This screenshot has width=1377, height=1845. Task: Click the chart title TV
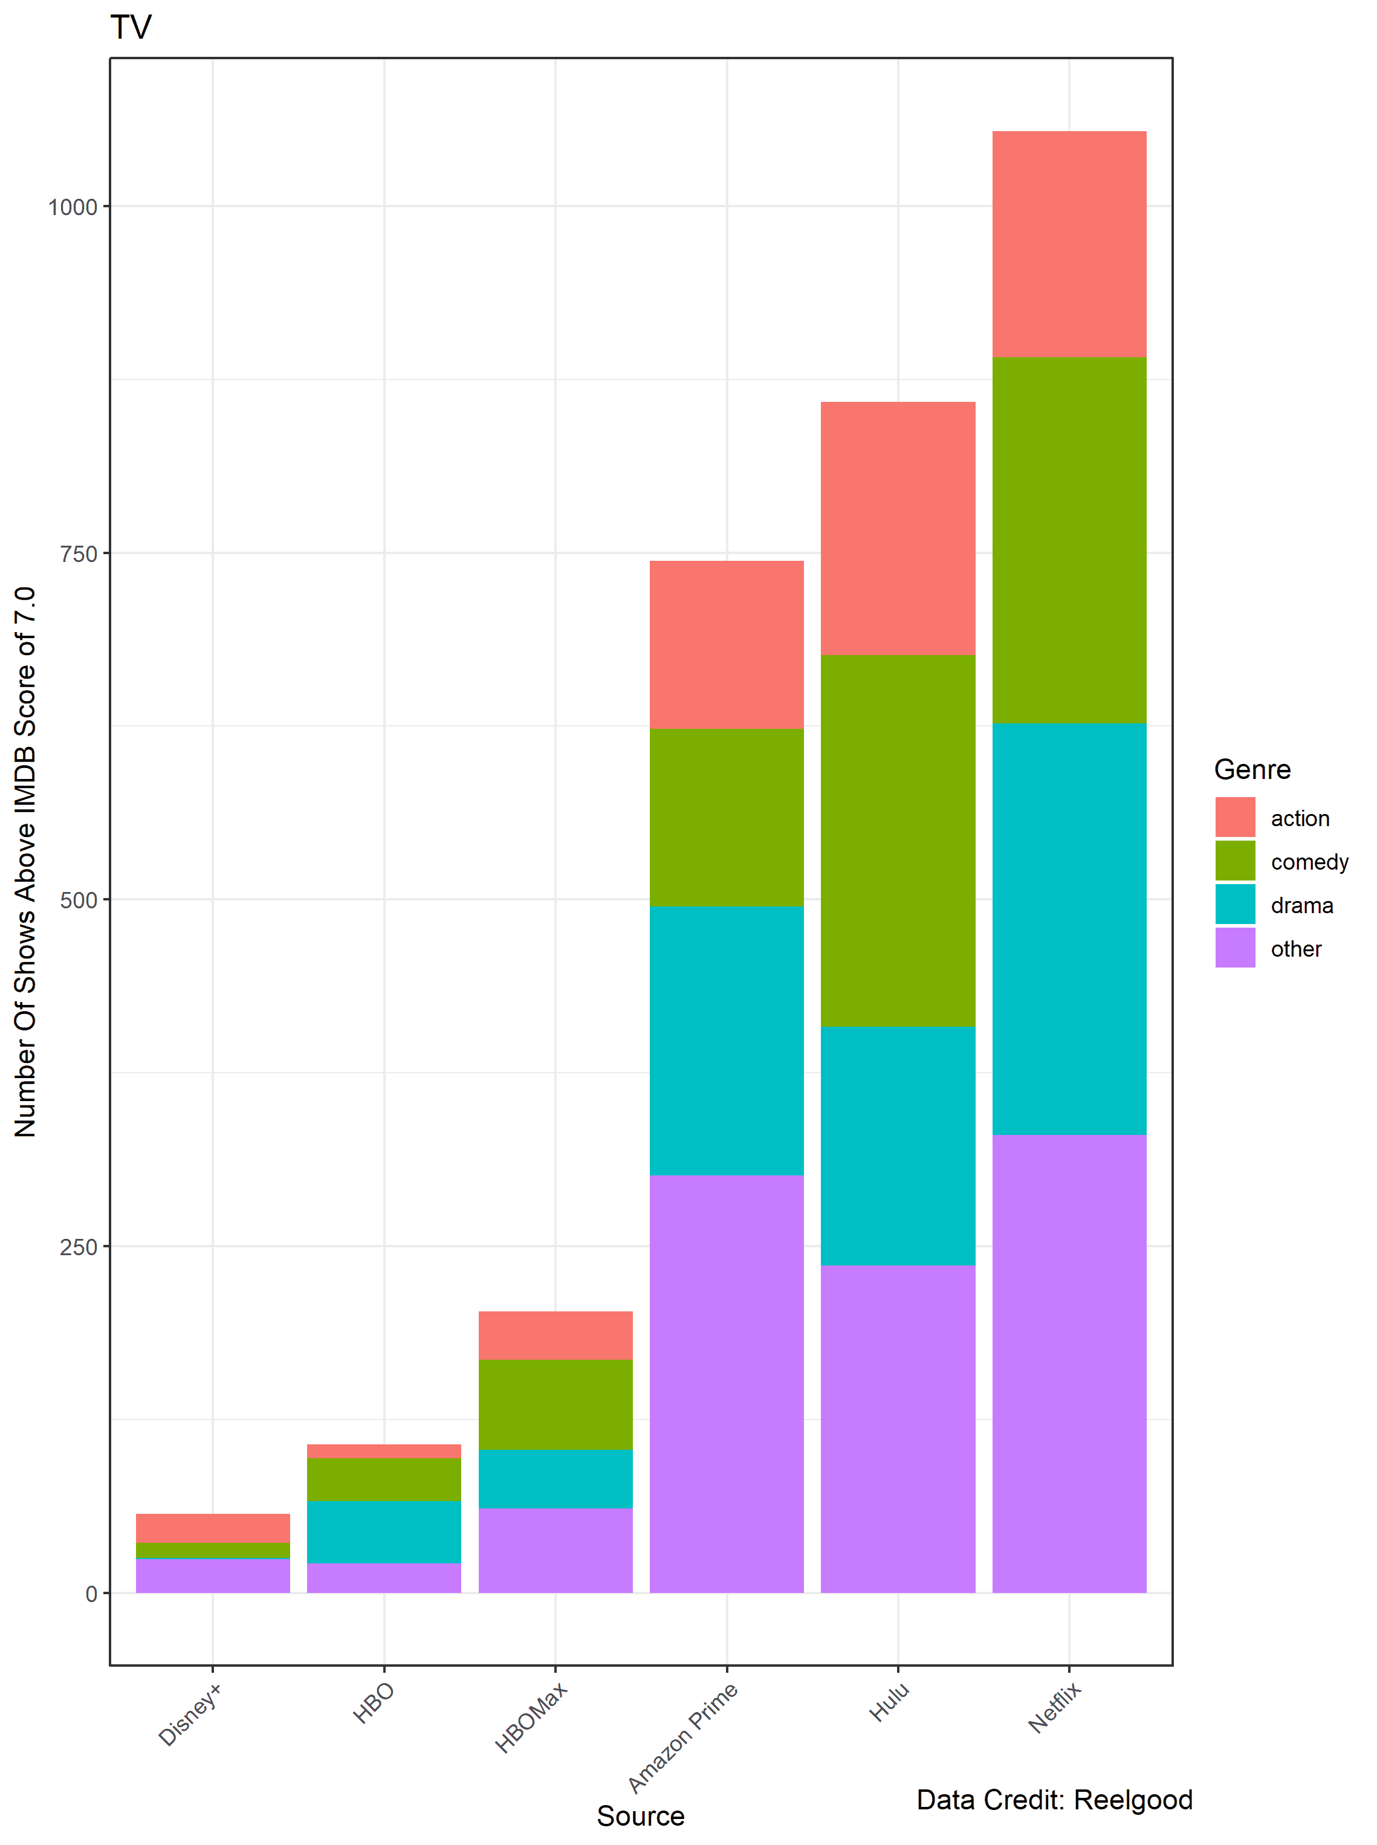[x=131, y=28]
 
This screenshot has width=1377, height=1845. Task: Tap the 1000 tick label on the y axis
[x=73, y=207]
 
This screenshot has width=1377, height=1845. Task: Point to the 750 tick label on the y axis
[x=79, y=554]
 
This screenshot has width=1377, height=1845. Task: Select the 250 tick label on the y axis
[x=79, y=1247]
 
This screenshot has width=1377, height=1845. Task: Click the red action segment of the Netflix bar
[x=1069, y=244]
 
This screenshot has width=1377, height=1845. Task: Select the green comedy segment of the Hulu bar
[x=898, y=840]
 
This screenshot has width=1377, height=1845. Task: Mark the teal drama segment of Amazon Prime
[x=726, y=1040]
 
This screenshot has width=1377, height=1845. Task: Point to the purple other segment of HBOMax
[x=555, y=1550]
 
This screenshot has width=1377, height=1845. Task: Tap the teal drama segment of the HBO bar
[x=383, y=1532]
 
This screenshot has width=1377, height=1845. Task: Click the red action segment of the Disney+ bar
[x=213, y=1528]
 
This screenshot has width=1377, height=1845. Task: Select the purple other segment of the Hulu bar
[x=898, y=1429]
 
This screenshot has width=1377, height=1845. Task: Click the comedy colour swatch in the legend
[x=1234, y=861]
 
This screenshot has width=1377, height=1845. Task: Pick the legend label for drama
[x=1301, y=905]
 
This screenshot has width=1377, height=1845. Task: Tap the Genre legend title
[x=1252, y=769]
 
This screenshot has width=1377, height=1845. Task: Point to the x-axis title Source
[x=640, y=1816]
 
